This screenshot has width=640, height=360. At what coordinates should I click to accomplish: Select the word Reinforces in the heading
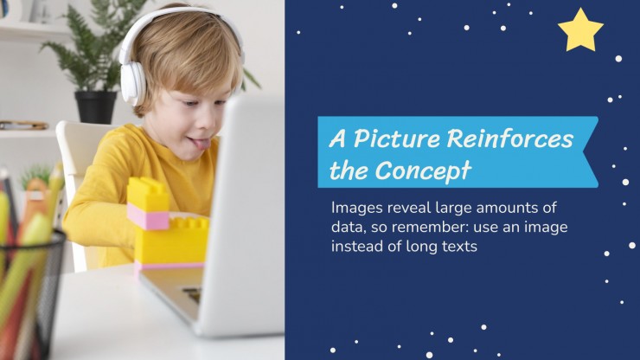[510, 138]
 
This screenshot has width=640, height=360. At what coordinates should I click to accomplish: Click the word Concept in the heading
[423, 170]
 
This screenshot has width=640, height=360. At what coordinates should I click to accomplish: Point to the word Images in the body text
[357, 208]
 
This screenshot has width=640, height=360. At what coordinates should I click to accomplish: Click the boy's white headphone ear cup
[132, 83]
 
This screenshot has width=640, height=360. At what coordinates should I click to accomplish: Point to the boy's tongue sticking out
[202, 144]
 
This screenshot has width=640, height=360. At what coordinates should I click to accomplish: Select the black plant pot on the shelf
[96, 107]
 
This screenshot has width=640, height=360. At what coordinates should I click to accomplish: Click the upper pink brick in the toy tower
[148, 216]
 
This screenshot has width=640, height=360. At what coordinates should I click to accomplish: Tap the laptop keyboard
[192, 294]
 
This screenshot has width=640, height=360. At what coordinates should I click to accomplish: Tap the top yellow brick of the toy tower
[148, 191]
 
